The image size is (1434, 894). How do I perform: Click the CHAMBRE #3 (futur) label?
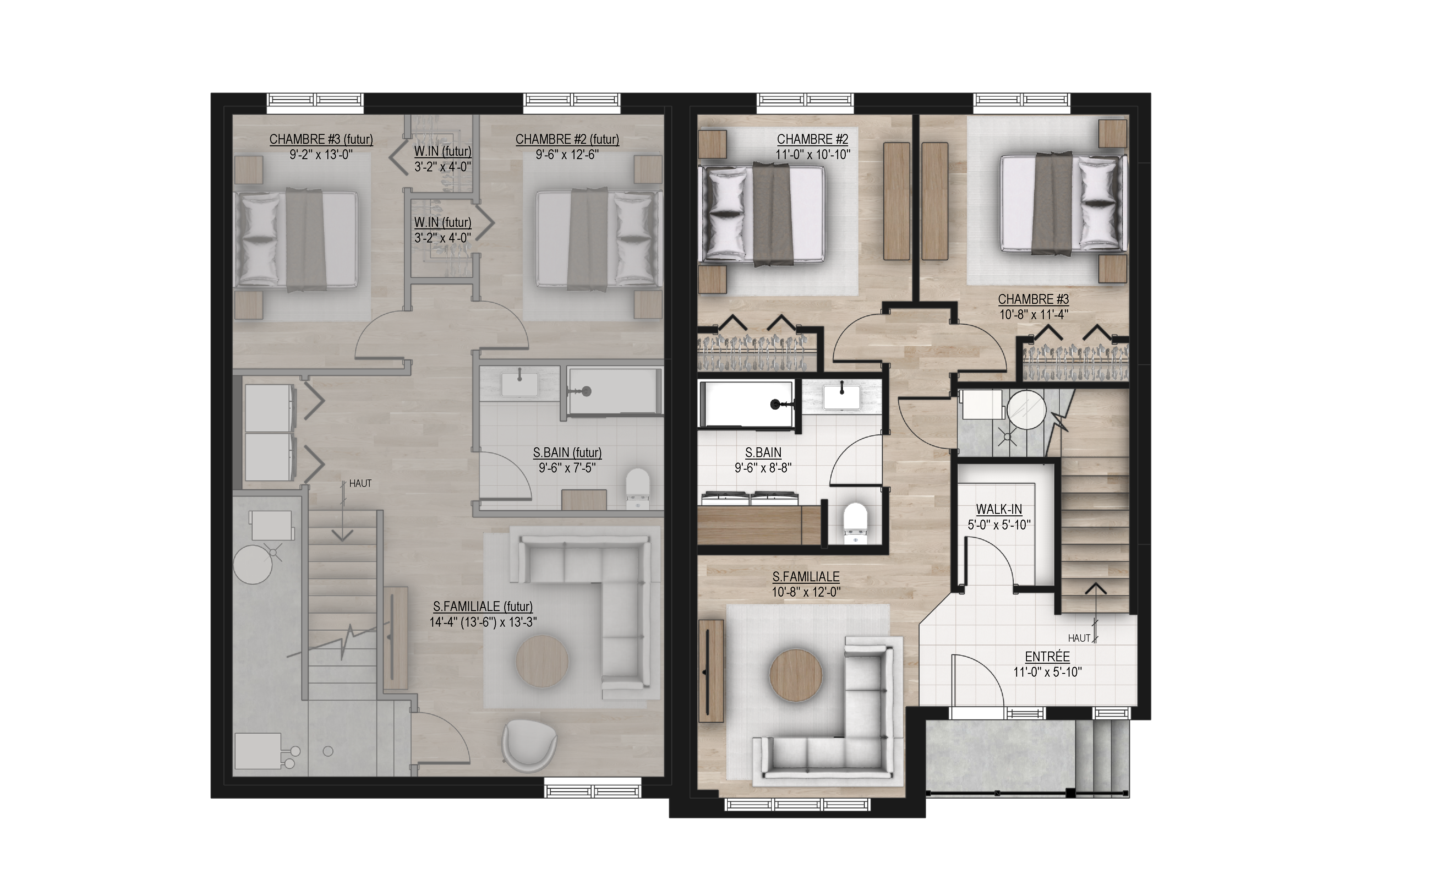click(321, 139)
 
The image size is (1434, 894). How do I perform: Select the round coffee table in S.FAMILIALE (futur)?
click(542, 661)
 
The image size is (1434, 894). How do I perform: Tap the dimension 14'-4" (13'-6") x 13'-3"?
click(483, 622)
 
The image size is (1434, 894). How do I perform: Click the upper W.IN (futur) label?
click(443, 151)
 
